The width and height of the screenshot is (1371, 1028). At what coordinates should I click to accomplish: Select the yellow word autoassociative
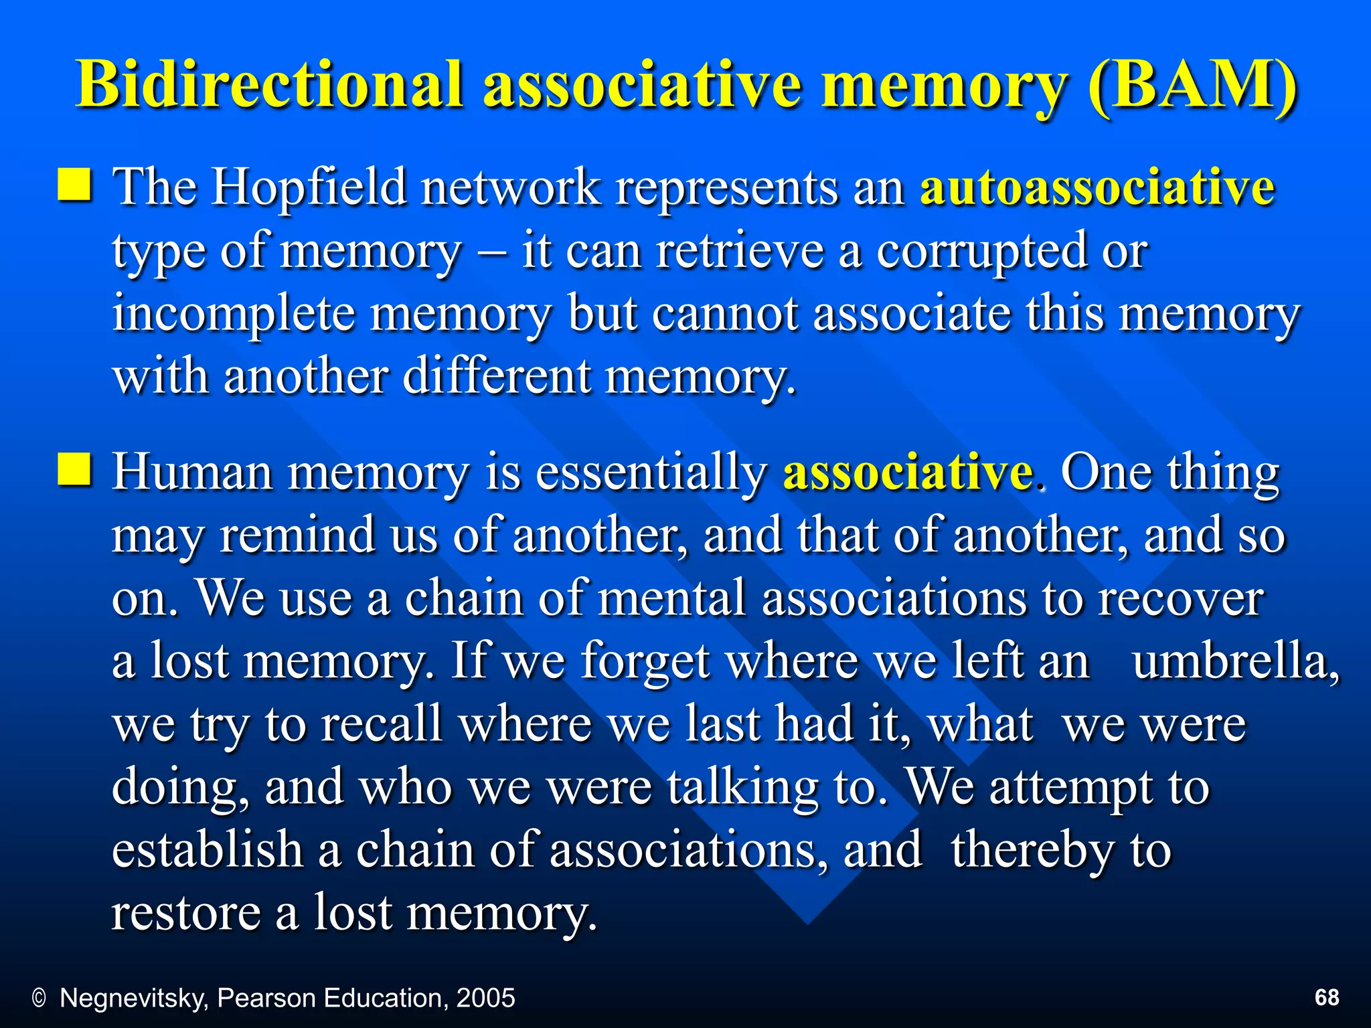[x=1097, y=187]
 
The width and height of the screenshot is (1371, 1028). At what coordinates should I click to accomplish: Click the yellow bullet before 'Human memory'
[x=74, y=468]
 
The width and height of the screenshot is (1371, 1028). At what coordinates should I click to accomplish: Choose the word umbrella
[x=1236, y=661]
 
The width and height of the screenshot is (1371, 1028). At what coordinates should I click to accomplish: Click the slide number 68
[x=1327, y=997]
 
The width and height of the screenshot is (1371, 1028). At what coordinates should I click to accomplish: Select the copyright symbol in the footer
[x=39, y=999]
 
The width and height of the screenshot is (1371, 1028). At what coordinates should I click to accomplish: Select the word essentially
[x=650, y=473]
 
